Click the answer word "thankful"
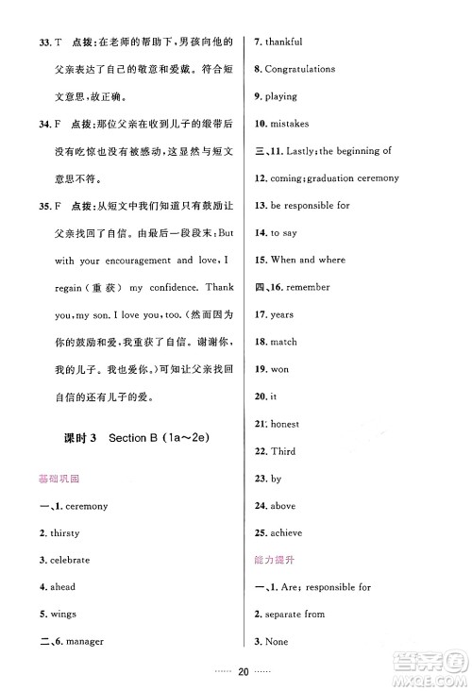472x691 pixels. [282, 42]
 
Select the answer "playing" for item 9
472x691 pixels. [280, 97]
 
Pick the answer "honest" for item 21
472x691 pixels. [284, 424]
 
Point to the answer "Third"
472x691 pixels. [282, 451]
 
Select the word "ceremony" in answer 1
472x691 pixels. [88, 506]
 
